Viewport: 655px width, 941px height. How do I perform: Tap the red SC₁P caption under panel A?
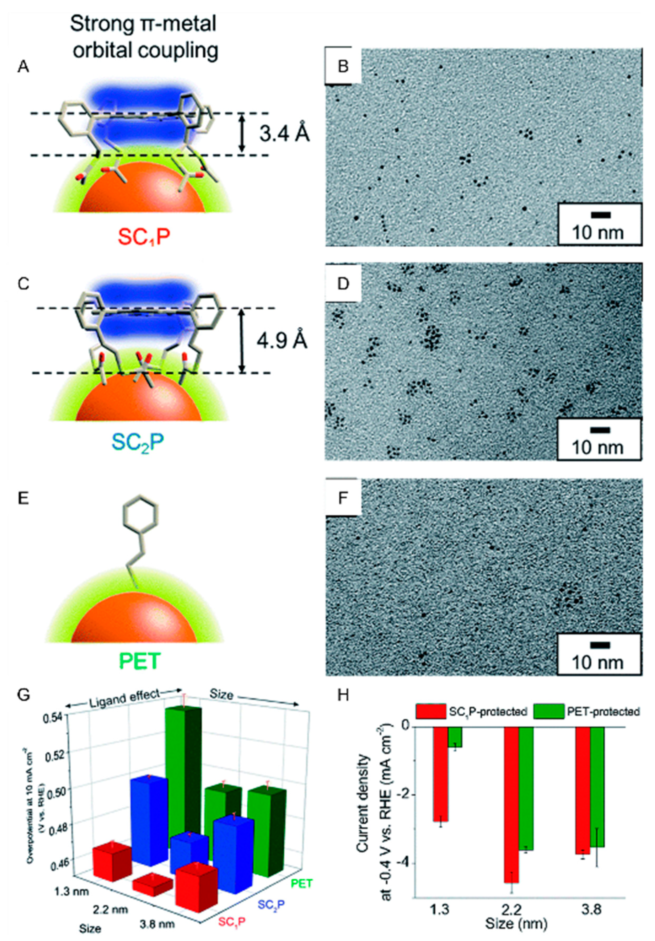[144, 236]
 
